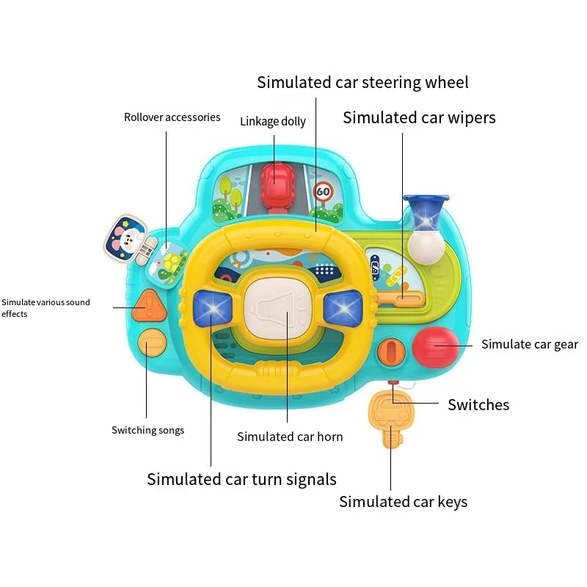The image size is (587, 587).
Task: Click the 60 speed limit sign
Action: pos(323,193)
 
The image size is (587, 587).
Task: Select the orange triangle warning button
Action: pos(147,302)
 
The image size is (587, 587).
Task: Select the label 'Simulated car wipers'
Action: pos(419,117)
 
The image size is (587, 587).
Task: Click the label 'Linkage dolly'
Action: pos(273,121)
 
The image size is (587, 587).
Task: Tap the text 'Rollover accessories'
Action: pos(172,117)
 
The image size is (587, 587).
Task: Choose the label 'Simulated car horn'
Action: pos(290,437)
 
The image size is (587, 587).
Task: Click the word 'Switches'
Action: pos(478,404)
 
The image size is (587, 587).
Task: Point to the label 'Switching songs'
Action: pos(147,430)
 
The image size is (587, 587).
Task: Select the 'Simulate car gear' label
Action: pos(530,344)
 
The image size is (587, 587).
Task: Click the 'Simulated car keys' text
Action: pos(403,502)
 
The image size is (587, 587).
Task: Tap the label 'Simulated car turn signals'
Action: pos(241,479)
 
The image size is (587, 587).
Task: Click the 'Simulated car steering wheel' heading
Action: pos(362,82)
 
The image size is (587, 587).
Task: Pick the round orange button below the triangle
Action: pos(150,343)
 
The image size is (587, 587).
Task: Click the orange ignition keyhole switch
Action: pos(391,351)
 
